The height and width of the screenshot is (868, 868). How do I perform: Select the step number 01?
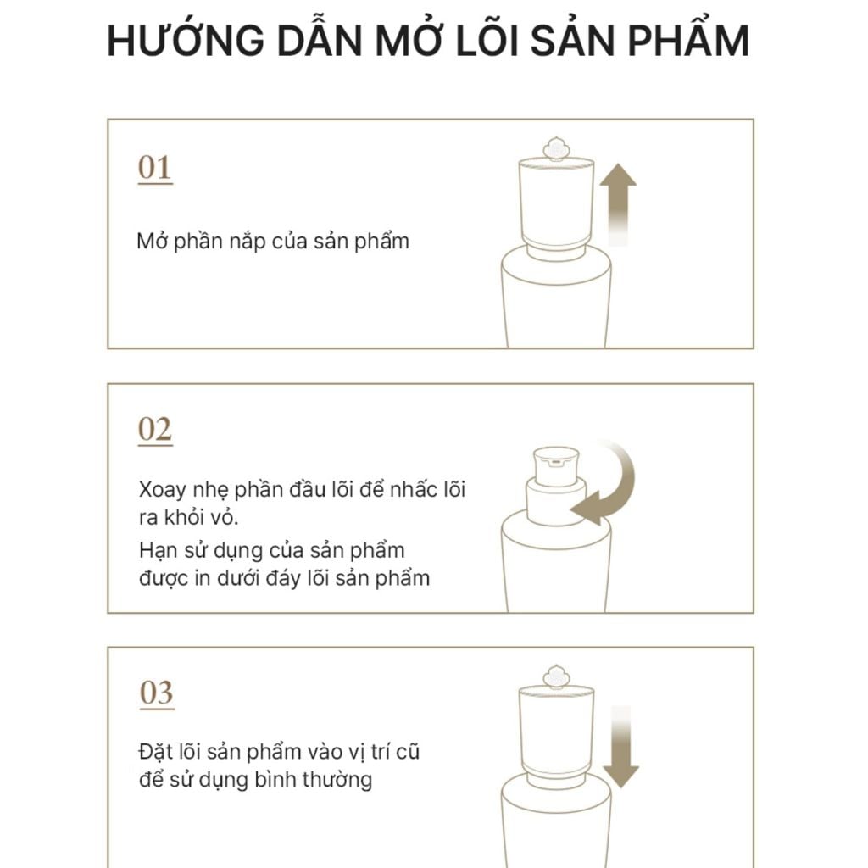pos(154,168)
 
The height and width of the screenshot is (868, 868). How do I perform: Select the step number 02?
pos(154,431)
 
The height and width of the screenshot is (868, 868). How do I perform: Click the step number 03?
pos(156,693)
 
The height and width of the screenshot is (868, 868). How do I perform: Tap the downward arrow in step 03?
pos(621,746)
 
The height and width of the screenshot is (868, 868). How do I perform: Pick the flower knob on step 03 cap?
pos(556,676)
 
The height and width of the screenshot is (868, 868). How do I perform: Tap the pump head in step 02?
pos(555,465)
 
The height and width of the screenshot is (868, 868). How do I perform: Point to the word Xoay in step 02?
pos(162,491)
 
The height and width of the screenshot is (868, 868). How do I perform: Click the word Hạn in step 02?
pos(159,550)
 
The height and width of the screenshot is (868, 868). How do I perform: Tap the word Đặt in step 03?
pos(156,752)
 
